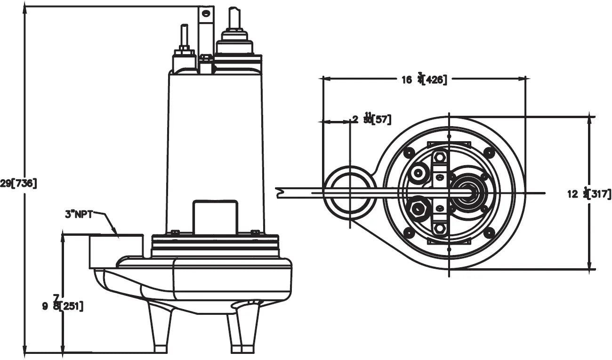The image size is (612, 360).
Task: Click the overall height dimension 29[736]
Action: coord(18,184)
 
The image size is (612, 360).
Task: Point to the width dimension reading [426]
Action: coord(424,79)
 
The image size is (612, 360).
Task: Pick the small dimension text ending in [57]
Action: coord(372,119)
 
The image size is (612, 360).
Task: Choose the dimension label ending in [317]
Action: coord(589,193)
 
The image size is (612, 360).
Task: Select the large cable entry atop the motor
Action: coord(234,40)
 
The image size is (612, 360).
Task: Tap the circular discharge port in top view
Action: coord(349,193)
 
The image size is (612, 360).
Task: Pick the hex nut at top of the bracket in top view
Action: coord(440,157)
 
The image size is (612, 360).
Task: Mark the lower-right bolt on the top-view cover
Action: coord(490,232)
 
